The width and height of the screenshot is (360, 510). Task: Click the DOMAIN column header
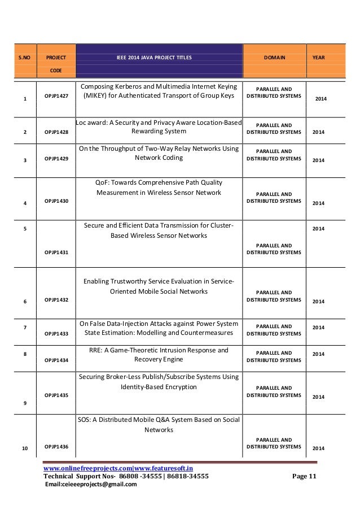point(274,58)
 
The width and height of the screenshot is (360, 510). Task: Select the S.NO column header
point(24,58)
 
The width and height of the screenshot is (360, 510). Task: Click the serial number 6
point(25,302)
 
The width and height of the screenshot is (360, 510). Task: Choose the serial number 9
point(25,403)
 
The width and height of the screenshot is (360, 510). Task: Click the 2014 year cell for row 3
point(319,160)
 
